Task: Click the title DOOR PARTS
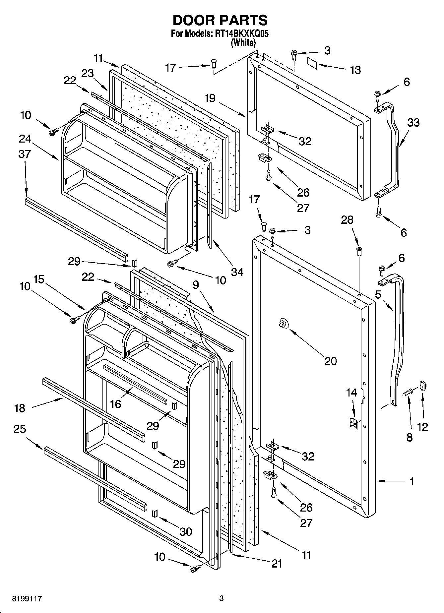point(220,21)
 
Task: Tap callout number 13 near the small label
point(355,70)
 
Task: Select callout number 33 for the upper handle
point(413,123)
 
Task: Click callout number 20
point(330,361)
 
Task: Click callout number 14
point(351,393)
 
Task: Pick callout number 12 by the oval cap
point(422,427)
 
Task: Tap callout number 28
point(347,220)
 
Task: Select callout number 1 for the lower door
point(412,482)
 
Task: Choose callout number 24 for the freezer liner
point(25,139)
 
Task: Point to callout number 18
point(20,408)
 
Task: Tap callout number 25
point(20,429)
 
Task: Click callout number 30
point(186,532)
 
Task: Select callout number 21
point(276,563)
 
